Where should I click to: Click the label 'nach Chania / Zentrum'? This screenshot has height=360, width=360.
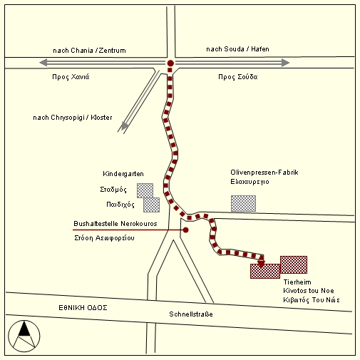click(x=89, y=51)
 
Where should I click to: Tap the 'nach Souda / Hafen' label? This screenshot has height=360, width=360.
click(x=237, y=49)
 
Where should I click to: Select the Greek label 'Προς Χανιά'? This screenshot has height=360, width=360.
click(x=71, y=77)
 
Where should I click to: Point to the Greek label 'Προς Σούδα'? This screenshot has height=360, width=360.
click(x=238, y=77)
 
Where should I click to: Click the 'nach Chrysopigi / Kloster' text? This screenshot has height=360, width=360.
click(x=73, y=118)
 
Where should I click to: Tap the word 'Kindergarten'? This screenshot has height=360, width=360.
click(x=123, y=174)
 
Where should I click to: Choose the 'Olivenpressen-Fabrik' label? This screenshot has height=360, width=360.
click(x=264, y=173)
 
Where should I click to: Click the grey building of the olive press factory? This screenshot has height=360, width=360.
click(x=243, y=203)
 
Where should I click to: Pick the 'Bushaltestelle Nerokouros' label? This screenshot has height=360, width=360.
click(x=115, y=224)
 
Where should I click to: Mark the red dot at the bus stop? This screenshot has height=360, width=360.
click(x=186, y=230)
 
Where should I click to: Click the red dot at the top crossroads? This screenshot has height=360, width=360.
click(x=170, y=63)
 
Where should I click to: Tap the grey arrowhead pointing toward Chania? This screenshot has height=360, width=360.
click(x=43, y=63)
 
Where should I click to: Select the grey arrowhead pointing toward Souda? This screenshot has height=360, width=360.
click(x=285, y=63)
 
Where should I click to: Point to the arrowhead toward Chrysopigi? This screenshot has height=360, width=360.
click(x=124, y=126)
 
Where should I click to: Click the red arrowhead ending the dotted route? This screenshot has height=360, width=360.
click(x=261, y=264)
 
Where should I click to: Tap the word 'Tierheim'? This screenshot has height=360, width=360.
click(x=297, y=282)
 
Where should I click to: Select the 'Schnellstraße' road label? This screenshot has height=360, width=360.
click(x=191, y=314)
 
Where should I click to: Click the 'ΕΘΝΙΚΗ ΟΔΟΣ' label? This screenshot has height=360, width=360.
click(x=83, y=308)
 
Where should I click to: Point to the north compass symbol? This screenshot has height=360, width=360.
click(x=24, y=336)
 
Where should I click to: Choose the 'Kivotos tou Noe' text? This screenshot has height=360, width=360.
click(x=309, y=291)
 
